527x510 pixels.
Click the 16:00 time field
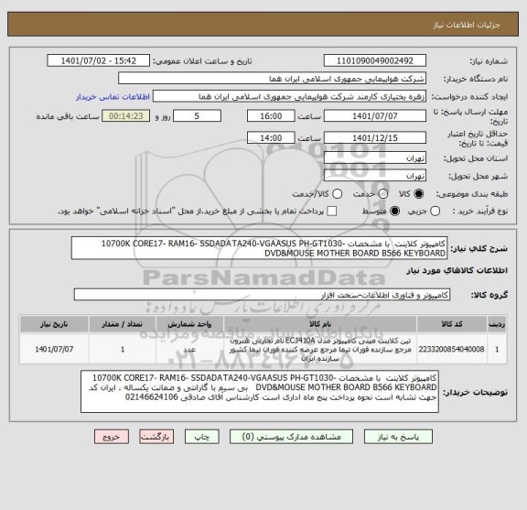coord(271,116)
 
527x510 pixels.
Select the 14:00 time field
coord(271,136)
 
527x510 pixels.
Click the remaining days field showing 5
coord(200,116)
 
